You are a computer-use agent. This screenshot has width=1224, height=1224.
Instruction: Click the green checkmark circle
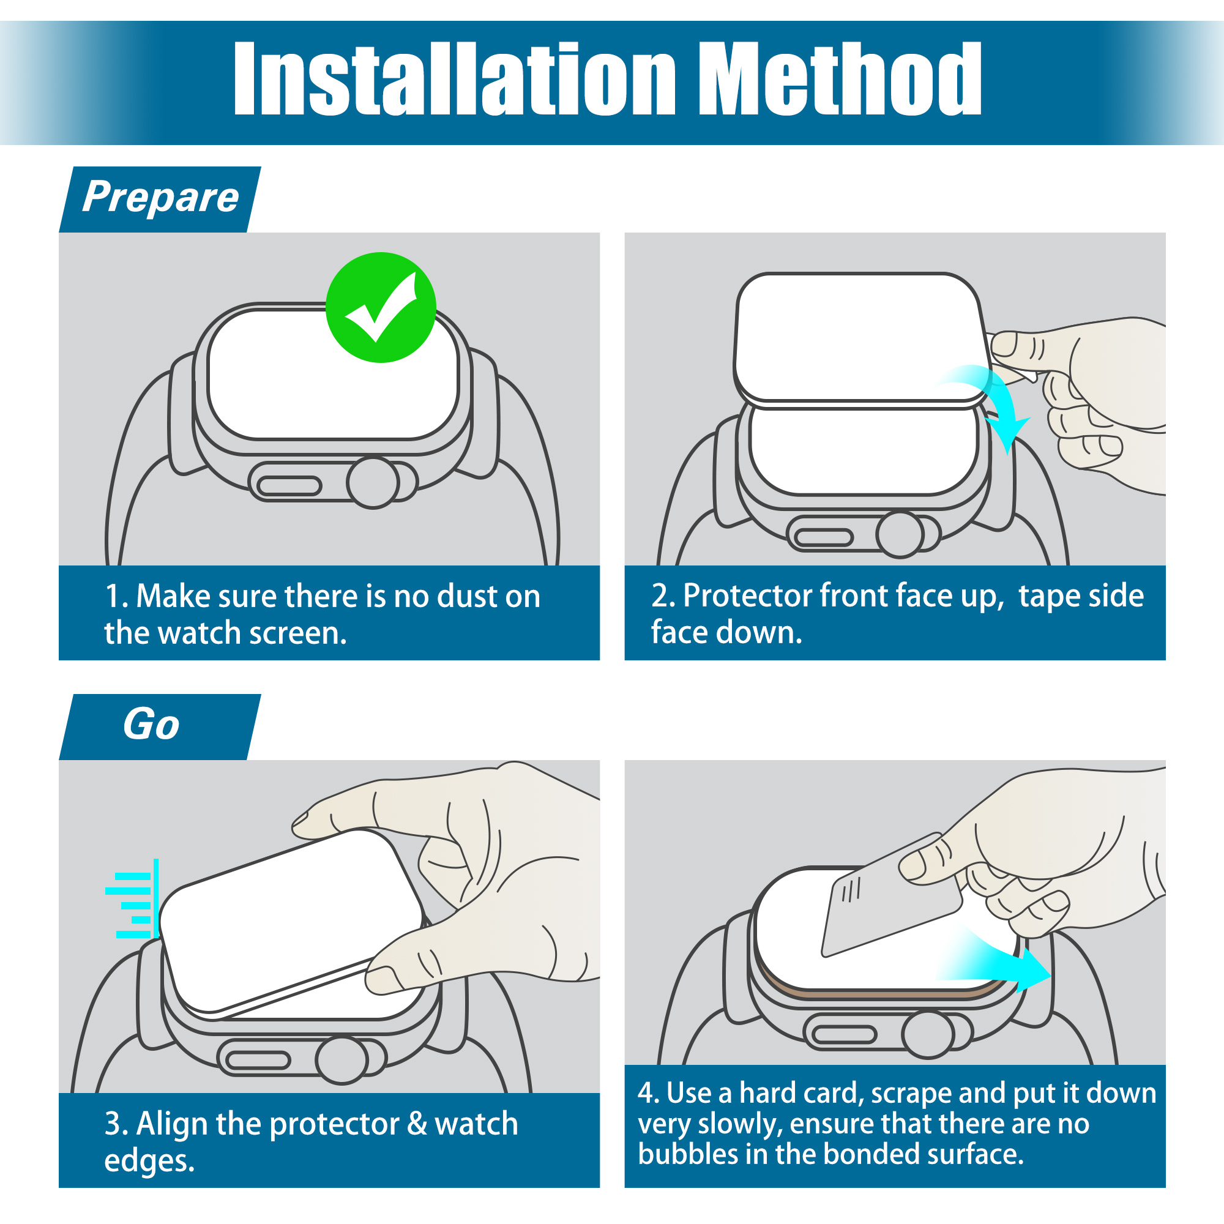click(381, 307)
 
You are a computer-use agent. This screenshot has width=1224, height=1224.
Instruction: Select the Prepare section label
click(160, 198)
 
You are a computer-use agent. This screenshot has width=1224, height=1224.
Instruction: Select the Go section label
click(151, 724)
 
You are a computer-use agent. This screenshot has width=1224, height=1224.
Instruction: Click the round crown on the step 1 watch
click(373, 483)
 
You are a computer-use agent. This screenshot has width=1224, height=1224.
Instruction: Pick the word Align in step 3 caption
click(173, 1124)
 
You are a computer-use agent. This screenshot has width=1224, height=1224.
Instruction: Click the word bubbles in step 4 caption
click(687, 1154)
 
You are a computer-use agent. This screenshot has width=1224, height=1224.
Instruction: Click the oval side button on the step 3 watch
click(258, 1061)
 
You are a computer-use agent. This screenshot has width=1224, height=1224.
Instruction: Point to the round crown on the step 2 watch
click(900, 535)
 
